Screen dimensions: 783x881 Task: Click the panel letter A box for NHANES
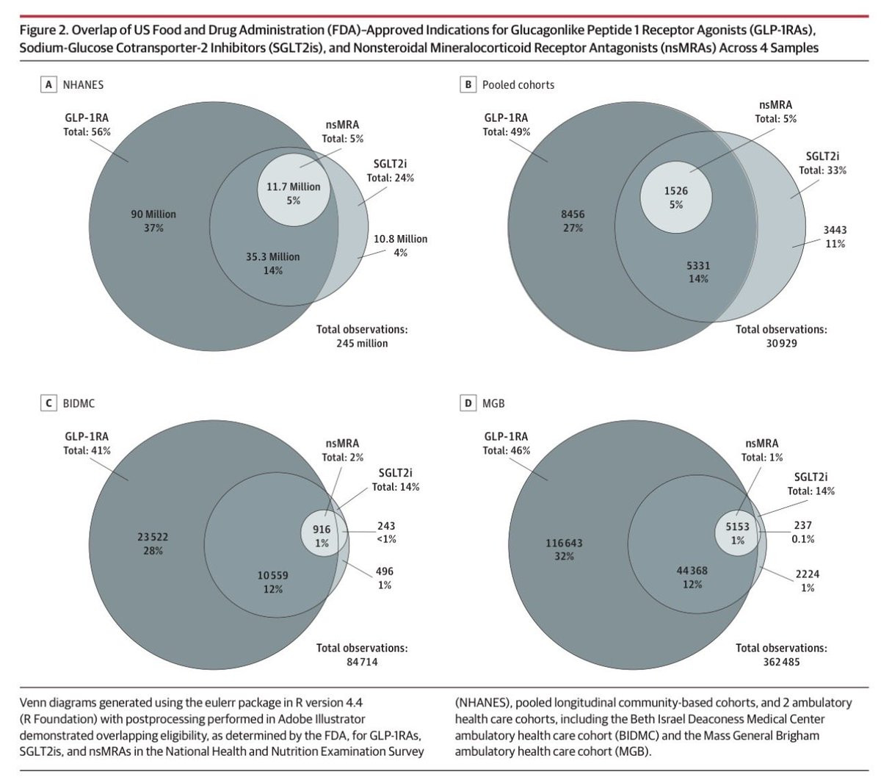[x=48, y=84]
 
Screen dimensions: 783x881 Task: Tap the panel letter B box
[x=468, y=84]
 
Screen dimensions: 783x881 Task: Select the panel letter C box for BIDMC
[x=48, y=403]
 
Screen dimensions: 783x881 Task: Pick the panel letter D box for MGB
[x=468, y=403]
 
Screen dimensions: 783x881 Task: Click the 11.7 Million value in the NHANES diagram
[x=293, y=187]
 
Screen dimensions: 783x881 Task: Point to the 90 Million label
[x=153, y=214]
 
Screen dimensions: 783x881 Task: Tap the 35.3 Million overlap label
[x=272, y=256]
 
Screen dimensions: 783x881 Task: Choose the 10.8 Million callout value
[x=400, y=239]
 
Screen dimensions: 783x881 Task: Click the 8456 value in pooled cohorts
[x=573, y=214]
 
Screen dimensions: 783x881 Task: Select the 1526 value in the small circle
[x=676, y=190]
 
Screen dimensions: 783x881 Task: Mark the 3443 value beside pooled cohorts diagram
[x=835, y=230]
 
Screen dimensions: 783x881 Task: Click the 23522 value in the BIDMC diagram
[x=153, y=537]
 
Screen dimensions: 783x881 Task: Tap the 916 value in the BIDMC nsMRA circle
[x=322, y=529]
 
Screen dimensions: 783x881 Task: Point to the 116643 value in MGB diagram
[x=565, y=543]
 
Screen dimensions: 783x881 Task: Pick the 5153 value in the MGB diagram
[x=738, y=526]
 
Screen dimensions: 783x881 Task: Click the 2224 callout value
[x=808, y=574]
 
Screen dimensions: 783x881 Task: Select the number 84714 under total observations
[x=362, y=662]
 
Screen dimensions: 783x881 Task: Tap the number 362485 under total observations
[x=781, y=662]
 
